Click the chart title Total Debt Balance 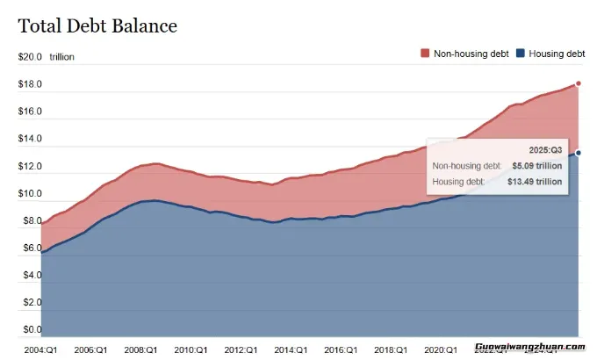click(x=97, y=26)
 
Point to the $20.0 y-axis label click(x=31, y=57)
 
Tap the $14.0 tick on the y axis click(x=31, y=139)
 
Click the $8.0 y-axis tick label click(x=31, y=220)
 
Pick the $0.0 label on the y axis click(x=31, y=329)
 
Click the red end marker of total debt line click(x=579, y=83)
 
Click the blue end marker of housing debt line click(x=579, y=153)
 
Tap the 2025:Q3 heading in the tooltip click(x=545, y=149)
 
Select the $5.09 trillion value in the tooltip click(x=537, y=165)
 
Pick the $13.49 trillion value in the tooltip click(x=535, y=182)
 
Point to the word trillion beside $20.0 click(x=61, y=57)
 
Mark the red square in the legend click(x=425, y=54)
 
